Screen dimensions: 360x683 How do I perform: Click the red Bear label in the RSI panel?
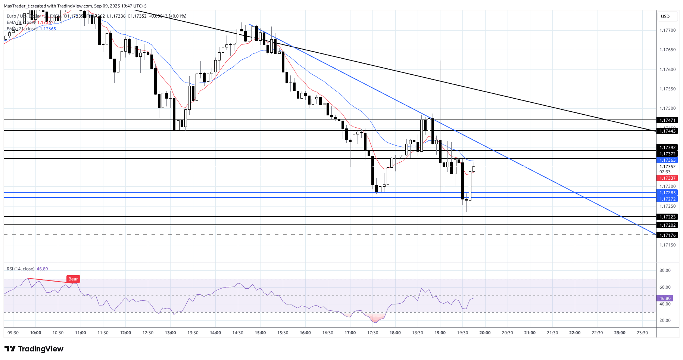coord(73,279)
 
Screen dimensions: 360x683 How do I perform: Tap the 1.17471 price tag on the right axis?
coord(667,120)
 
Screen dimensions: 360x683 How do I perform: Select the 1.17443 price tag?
coord(667,131)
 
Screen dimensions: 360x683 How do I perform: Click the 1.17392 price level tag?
coord(667,148)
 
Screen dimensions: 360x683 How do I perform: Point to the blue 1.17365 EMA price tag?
coord(667,160)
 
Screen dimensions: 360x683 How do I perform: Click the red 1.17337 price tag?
coord(667,179)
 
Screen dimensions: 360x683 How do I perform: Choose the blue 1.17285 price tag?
coord(667,193)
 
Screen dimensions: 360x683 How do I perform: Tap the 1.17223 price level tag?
coord(667,217)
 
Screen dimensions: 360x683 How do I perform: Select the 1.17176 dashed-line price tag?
coord(667,235)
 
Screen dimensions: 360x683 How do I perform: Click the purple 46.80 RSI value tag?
coord(665,298)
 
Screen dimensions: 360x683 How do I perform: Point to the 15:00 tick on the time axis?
coord(260,333)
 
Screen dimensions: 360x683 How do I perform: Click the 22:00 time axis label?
coord(575,333)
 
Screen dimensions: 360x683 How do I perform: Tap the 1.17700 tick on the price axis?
coord(667,30)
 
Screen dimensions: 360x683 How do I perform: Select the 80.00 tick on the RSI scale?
coord(665,270)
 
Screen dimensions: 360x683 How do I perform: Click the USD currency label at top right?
coord(665,16)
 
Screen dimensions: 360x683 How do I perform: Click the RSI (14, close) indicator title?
coord(21,269)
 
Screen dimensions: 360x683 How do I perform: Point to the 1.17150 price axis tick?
coord(667,245)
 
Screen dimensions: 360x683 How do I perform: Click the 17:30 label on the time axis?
coord(372,333)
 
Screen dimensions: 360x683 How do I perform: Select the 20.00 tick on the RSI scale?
coord(665,320)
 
